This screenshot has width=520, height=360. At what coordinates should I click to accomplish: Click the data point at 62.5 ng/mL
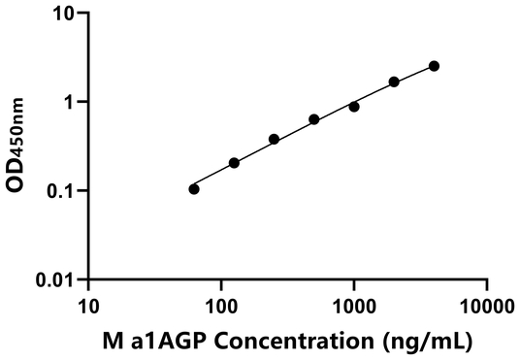[x=194, y=189]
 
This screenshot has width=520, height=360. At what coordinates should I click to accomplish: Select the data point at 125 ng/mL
[x=234, y=163]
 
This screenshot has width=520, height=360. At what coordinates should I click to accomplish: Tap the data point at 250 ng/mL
[x=275, y=139]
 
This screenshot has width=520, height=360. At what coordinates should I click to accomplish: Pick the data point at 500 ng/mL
[x=314, y=119]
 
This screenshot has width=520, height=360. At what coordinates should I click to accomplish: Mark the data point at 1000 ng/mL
[x=354, y=107]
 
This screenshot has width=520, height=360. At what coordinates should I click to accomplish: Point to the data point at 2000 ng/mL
[x=394, y=82]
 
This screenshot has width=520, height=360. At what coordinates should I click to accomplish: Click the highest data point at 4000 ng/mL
[x=434, y=66]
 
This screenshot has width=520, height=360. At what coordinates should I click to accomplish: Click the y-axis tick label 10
[x=65, y=15]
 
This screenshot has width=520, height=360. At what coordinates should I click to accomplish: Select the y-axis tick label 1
[x=70, y=103]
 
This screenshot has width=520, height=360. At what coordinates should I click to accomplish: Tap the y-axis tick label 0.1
[x=62, y=191]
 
